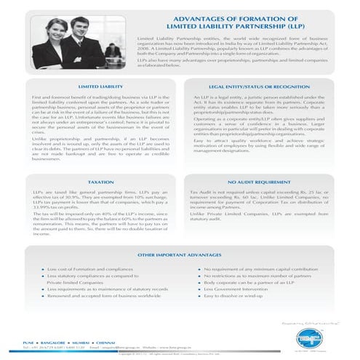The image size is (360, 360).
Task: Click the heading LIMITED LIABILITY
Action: (x=100, y=85)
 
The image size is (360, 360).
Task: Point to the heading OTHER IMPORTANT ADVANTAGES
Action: (x=179, y=256)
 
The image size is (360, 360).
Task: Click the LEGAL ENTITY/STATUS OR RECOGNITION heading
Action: (x=258, y=85)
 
